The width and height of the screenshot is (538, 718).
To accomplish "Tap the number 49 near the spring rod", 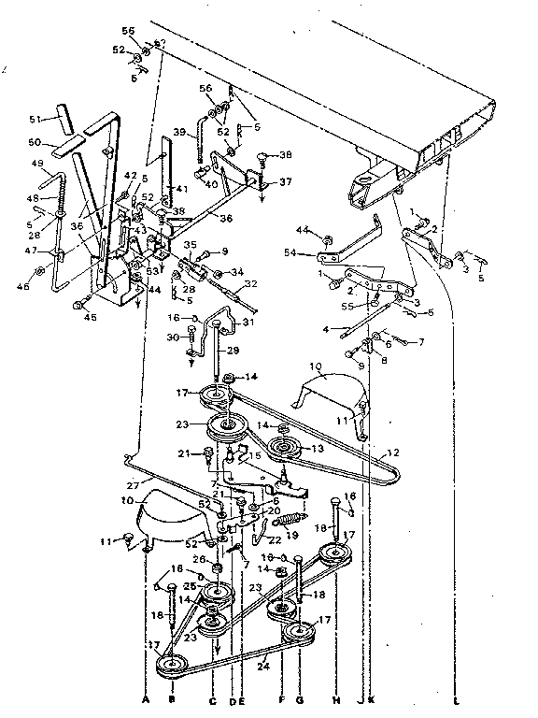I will pyautogui.click(x=38, y=165).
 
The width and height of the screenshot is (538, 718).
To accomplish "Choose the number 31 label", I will pyautogui.click(x=248, y=323).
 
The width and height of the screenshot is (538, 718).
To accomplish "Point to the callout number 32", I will pyautogui.click(x=250, y=285).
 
